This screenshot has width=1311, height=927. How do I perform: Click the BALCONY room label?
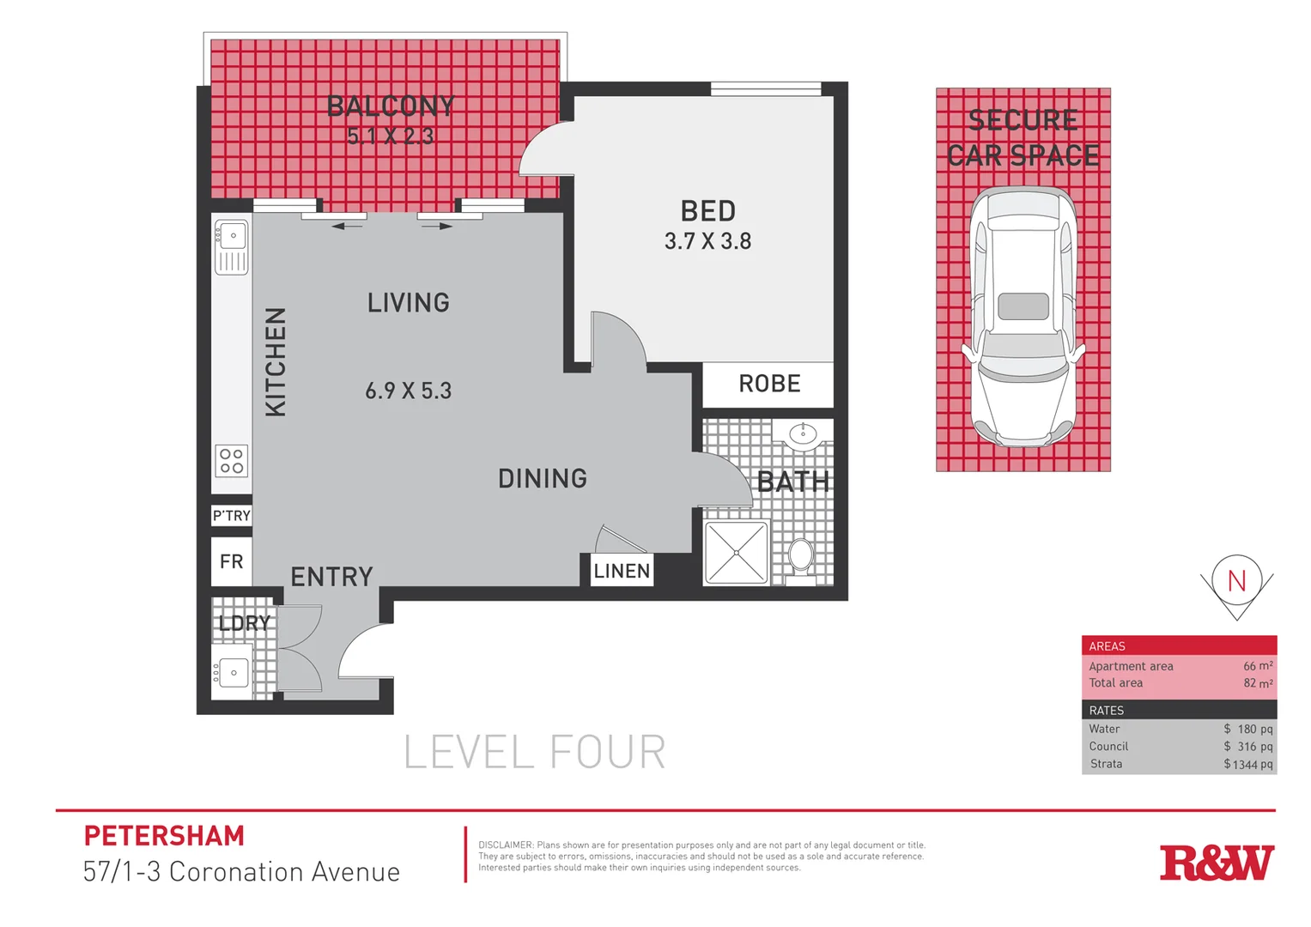click(x=391, y=106)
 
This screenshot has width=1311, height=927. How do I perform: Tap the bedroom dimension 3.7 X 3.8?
click(x=707, y=241)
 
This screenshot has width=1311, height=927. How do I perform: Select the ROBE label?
click(x=769, y=384)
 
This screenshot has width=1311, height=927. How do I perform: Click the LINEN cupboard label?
click(x=622, y=571)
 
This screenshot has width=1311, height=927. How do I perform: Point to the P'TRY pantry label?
click(x=232, y=516)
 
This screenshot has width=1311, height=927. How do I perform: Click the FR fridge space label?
click(x=232, y=561)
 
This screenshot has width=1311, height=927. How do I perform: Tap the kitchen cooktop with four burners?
click(x=232, y=461)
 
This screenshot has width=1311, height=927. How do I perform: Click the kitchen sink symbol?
click(x=232, y=246)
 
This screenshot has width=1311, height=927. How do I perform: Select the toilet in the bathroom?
click(x=801, y=556)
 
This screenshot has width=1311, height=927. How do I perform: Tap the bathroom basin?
click(x=803, y=434)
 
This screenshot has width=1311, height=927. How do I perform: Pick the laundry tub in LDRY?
click(x=232, y=673)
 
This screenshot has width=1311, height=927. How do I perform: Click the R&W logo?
click(x=1217, y=863)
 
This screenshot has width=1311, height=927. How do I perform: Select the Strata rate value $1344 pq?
click(x=1248, y=764)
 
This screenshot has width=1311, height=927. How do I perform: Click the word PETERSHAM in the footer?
click(x=164, y=836)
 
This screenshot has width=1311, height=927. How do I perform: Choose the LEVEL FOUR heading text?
click(x=534, y=753)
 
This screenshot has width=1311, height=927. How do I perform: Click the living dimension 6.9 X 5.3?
click(x=408, y=391)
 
